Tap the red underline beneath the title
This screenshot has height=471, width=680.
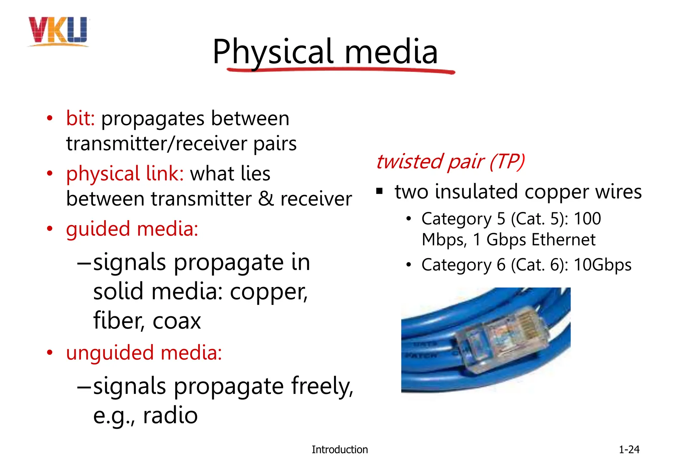click(340, 70)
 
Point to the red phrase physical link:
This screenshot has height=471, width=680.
click(125, 173)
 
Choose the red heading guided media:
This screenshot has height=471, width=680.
click(132, 229)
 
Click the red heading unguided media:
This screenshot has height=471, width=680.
click(144, 352)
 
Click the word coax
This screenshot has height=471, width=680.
click(177, 321)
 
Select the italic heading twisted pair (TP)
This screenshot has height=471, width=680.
click(450, 162)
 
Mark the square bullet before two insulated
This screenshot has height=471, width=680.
click(380, 191)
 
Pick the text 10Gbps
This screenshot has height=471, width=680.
click(602, 265)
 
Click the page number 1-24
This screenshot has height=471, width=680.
click(629, 449)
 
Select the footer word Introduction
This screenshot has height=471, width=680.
click(339, 449)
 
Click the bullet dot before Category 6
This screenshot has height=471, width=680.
click(409, 265)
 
